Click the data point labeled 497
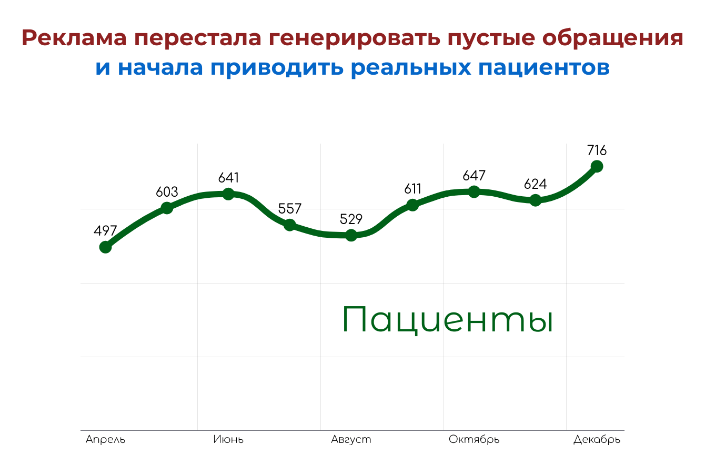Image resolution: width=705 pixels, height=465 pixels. pos(105,247)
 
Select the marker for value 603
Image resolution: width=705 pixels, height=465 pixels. pos(167,208)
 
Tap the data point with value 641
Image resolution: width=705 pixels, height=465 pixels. pos(228,194)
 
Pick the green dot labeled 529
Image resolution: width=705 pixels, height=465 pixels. pos(351,235)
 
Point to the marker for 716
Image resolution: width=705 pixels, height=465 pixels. pos(597,166)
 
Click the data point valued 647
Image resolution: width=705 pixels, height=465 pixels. pos(474,191)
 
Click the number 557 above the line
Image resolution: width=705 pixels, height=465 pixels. pos(290,208)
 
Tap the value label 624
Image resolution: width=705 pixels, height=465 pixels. pos(535,184)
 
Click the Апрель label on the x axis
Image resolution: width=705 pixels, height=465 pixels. pos(105,439)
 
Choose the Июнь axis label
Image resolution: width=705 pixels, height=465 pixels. pos(228,439)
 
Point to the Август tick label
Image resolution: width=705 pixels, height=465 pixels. pos(351,439)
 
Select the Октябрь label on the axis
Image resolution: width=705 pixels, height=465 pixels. pos(474,439)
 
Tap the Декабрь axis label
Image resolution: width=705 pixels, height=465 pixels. pos(597,439)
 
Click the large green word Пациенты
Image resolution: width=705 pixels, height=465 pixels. pos(447,319)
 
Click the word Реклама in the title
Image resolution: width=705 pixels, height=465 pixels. pos(73,38)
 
